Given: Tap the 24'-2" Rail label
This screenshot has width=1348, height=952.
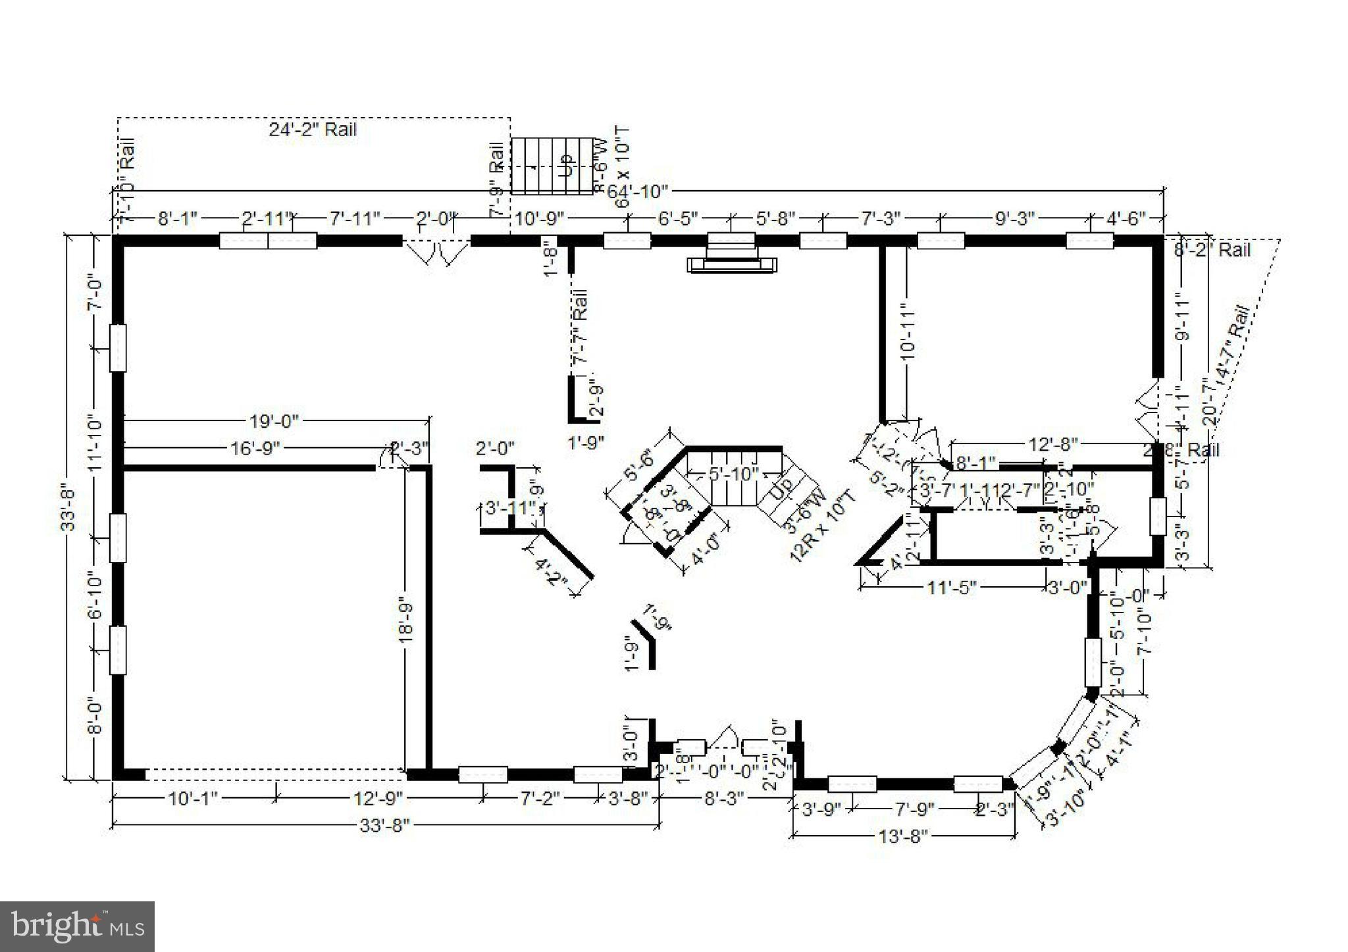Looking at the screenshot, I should tap(312, 130).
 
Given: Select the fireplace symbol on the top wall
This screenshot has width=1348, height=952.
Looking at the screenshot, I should tap(732, 253).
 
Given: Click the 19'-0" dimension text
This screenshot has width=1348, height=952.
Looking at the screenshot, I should tap(274, 420).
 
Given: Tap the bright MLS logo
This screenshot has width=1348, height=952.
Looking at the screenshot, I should tap(77, 926).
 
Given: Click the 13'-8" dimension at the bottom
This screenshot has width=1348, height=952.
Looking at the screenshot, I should tap(903, 836).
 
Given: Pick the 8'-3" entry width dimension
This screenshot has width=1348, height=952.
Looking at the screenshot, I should tap(724, 799).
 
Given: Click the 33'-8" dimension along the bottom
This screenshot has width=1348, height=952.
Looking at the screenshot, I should tap(384, 825).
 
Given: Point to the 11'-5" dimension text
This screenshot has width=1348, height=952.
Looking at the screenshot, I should tap(952, 587).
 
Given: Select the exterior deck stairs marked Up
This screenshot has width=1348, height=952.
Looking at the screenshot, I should tap(552, 166).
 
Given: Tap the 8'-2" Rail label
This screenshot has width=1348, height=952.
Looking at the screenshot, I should tap(1212, 250).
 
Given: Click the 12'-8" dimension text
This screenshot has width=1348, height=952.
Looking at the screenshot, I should tap(1053, 445).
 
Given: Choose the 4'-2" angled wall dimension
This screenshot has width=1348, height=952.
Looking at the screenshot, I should tap(552, 571).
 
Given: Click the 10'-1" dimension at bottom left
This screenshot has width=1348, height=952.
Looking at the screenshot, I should tap(193, 799).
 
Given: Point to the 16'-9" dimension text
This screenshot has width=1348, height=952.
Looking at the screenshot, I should tap(255, 449).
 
